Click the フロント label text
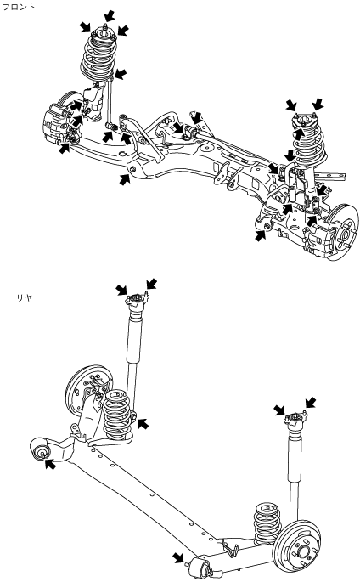pyautogui.click(x=19, y=7)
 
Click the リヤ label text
pyautogui.click(x=25, y=297)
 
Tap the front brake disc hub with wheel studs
pyautogui.click(x=343, y=232)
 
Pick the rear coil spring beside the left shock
pyautogui.click(x=117, y=413)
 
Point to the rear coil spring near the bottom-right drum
pyautogui.click(x=267, y=523)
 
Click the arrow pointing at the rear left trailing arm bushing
pyautogui.click(x=50, y=464)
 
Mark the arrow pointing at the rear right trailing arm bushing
pyautogui.click(x=178, y=557)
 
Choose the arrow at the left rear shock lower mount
pyautogui.click(x=143, y=423)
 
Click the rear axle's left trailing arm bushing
pyautogui.click(x=41, y=449)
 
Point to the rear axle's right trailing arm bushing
pyautogui.click(x=200, y=567)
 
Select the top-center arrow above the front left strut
pyautogui.click(x=109, y=16)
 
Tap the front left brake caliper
pyautogui.click(x=55, y=121)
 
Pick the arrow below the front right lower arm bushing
pyautogui.click(x=261, y=235)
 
